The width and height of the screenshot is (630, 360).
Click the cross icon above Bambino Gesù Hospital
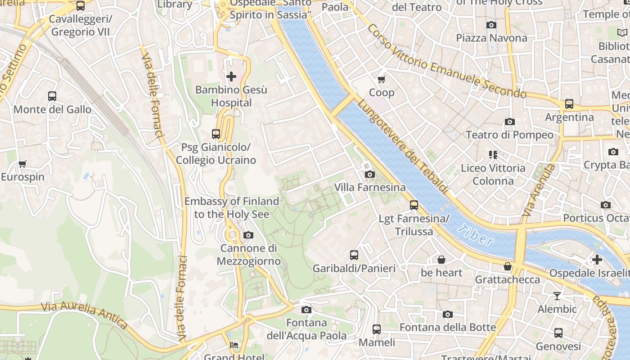(231, 76)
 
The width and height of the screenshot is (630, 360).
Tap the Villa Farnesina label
(369, 187)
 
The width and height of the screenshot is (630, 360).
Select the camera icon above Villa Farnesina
(369, 175)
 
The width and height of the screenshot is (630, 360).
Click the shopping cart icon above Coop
(382, 80)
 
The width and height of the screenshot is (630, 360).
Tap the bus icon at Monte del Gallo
(52, 96)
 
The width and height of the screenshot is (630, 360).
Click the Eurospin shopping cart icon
(22, 164)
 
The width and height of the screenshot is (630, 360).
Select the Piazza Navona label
(491, 38)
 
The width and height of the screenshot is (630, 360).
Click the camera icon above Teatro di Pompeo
(509, 122)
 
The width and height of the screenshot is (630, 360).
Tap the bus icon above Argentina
(569, 104)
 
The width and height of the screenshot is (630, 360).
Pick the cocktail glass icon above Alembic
(557, 296)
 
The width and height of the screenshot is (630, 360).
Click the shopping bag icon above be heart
(441, 260)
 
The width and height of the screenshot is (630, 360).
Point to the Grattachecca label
(508, 279)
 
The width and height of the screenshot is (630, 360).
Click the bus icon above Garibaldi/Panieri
(354, 255)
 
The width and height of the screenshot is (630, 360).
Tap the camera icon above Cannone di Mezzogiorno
(248, 235)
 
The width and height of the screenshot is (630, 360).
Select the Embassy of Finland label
(232, 207)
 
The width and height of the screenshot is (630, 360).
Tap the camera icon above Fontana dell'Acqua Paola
(306, 310)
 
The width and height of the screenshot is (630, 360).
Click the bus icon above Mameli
(377, 329)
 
